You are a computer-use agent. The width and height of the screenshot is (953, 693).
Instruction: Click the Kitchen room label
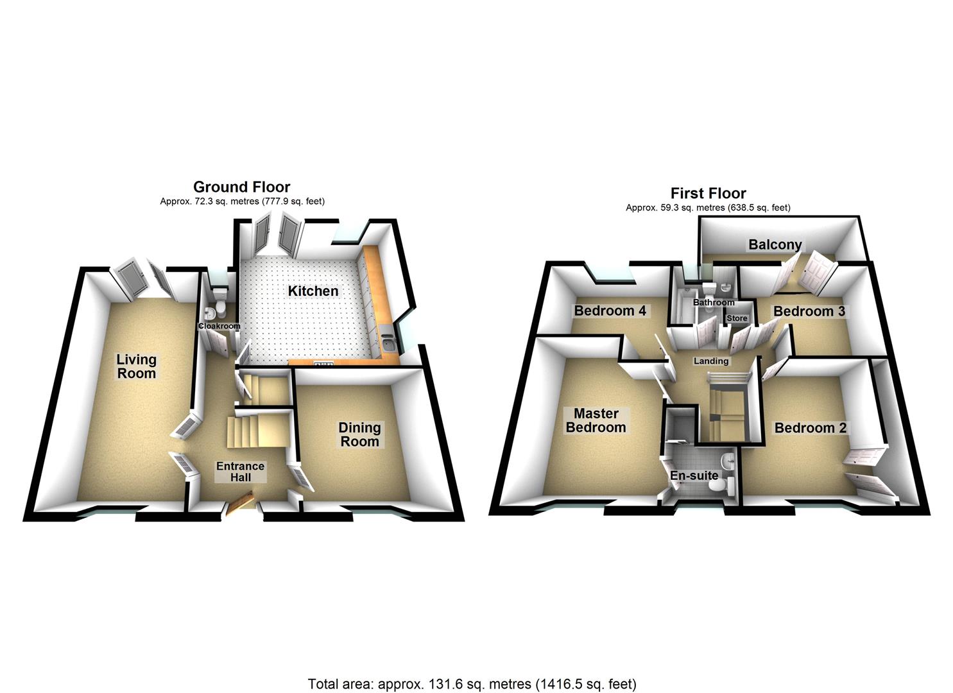click(x=313, y=291)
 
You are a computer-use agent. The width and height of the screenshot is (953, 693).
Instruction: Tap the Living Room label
click(x=136, y=366)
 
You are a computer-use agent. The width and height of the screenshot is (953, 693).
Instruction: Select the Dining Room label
click(x=359, y=434)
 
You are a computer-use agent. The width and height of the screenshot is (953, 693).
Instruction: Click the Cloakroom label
click(x=219, y=326)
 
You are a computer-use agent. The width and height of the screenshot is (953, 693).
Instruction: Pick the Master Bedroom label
click(x=596, y=420)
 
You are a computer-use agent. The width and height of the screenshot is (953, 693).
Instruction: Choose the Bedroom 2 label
click(x=810, y=428)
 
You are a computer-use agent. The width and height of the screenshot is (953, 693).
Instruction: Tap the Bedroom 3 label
click(x=809, y=312)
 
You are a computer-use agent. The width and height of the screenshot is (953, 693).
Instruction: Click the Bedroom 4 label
click(x=610, y=311)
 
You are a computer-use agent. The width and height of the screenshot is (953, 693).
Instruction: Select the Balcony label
click(x=775, y=244)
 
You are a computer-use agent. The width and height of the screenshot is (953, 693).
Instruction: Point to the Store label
click(x=737, y=318)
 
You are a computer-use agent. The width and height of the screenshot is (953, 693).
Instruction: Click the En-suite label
click(x=694, y=476)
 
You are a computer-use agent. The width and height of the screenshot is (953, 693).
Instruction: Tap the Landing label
click(x=711, y=361)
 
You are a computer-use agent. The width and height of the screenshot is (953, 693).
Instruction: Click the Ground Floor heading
click(x=241, y=187)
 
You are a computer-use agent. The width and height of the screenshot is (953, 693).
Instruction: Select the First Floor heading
click(x=708, y=193)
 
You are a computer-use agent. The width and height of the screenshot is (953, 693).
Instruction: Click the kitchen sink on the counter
click(x=390, y=342)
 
